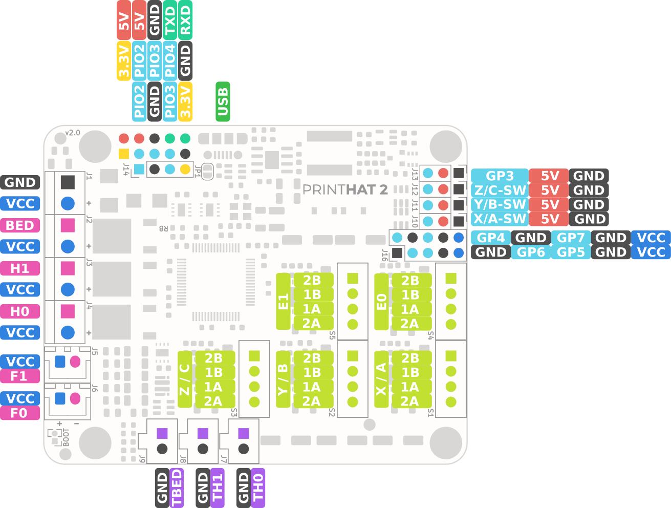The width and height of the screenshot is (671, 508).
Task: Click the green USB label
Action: pyautogui.click(x=223, y=101)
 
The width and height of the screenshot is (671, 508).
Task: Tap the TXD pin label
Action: pyautogui.click(x=169, y=20)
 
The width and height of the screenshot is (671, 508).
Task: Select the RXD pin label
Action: pyautogui.click(x=185, y=20)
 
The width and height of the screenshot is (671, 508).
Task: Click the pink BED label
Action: pyautogui.click(x=20, y=225)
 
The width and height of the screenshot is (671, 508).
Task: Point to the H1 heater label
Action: pyautogui.click(x=20, y=268)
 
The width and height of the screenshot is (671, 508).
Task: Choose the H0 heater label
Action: pyautogui.click(x=20, y=312)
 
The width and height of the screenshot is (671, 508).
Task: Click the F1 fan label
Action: pyautogui.click(x=20, y=376)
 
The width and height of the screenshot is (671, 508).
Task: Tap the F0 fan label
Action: pyautogui.click(x=20, y=413)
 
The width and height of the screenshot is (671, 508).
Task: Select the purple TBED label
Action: pyautogui.click(x=177, y=488)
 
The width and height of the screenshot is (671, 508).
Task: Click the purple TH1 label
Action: pyautogui.click(x=218, y=488)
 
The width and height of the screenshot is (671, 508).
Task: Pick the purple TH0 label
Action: pyautogui.click(x=258, y=488)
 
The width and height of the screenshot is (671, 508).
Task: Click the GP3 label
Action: pyautogui.click(x=500, y=176)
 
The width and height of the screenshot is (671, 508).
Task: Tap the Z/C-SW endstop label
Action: pyautogui.click(x=500, y=190)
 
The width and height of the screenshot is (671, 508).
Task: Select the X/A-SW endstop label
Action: pyautogui.click(x=500, y=219)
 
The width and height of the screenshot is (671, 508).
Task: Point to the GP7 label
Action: pyautogui.click(x=571, y=238)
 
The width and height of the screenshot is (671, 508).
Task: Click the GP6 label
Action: pyautogui.click(x=531, y=252)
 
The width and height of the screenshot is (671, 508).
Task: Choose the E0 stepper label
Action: pyautogui.click(x=381, y=302)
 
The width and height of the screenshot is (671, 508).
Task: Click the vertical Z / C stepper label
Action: pyautogui.click(x=185, y=379)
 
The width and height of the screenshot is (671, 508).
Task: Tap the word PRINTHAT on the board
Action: pyautogui.click(x=324, y=190)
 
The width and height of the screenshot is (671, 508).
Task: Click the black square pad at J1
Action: pyautogui.click(x=68, y=182)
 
